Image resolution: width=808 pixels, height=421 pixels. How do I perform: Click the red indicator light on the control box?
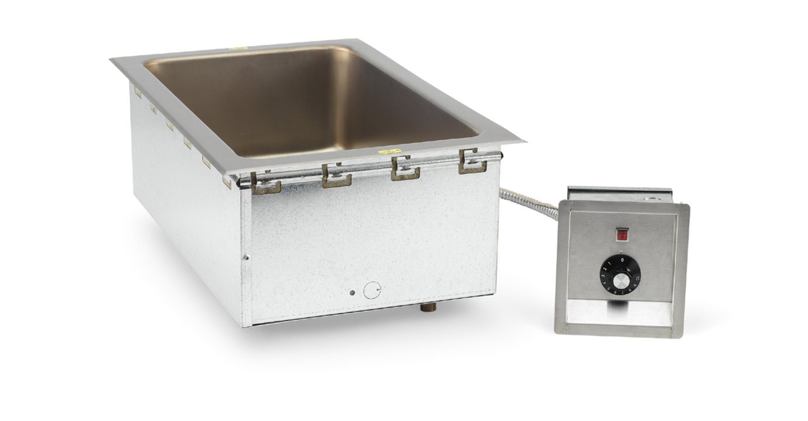(622, 235)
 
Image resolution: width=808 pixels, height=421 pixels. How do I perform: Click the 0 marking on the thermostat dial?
(622, 259)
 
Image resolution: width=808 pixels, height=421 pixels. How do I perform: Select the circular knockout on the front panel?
(372, 290)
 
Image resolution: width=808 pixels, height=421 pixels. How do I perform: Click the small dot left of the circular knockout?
(352, 292)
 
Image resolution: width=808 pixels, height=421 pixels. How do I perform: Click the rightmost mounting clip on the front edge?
(473, 161)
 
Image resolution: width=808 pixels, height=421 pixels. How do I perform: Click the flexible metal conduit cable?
(529, 197)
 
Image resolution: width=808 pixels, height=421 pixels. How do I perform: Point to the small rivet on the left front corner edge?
(248, 256)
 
